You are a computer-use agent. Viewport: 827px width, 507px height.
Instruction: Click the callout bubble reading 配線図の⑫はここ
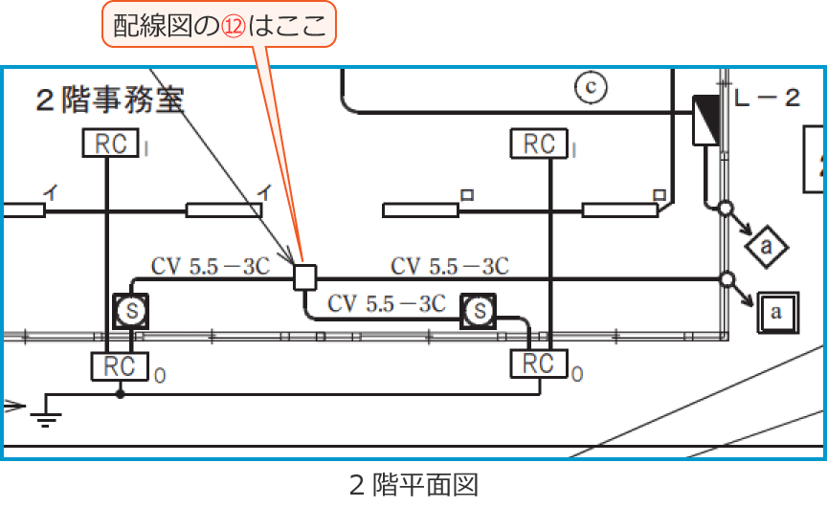coord(219,27)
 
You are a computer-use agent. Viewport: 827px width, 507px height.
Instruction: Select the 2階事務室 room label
coord(109,99)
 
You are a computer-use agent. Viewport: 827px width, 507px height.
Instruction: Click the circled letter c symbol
coord(592,87)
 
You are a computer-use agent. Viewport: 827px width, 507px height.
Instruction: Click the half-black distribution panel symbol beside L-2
coord(705,120)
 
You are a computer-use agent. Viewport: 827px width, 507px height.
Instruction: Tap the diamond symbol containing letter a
coord(767,248)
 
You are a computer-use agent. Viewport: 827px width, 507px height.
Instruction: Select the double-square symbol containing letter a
coord(776,311)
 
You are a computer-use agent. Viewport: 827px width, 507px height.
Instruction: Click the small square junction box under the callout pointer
coord(305,277)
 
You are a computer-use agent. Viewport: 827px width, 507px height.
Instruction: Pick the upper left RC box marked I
coord(111,143)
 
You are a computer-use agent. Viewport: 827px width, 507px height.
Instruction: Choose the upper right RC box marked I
coord(540,143)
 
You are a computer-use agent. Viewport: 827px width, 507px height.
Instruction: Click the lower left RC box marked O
coord(120,364)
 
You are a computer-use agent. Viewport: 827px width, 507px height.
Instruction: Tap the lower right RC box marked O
coord(540,364)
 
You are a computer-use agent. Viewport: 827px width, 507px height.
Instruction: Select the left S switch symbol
coord(132,310)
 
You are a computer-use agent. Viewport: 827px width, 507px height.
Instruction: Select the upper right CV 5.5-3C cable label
coord(450,265)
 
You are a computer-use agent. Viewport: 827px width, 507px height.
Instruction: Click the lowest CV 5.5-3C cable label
coord(387,303)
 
